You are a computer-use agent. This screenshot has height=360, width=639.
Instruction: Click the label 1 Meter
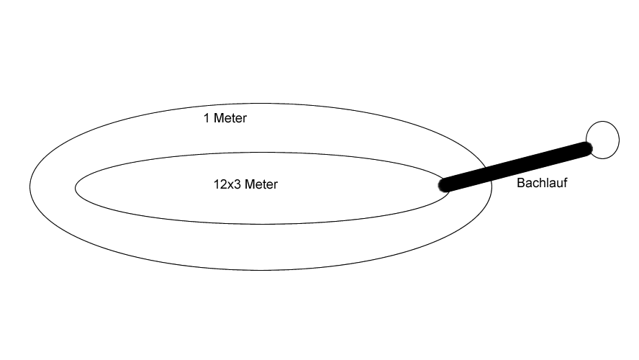click(x=225, y=118)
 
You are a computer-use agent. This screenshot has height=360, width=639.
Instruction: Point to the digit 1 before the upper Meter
click(x=207, y=118)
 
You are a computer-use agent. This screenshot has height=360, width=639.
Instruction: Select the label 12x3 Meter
click(x=245, y=184)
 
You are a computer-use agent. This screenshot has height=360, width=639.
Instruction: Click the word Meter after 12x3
click(x=261, y=184)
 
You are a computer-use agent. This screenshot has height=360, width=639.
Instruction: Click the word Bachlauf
click(x=542, y=183)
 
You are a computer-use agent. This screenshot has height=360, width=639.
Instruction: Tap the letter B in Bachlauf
click(x=520, y=183)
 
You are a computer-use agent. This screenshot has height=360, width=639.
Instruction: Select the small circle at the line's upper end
click(x=603, y=140)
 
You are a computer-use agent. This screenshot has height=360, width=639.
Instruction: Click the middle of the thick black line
click(x=515, y=166)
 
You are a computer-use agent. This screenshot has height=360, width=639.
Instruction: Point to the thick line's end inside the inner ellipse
click(x=443, y=186)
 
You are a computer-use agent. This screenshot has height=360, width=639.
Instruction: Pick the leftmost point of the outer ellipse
click(x=30, y=186)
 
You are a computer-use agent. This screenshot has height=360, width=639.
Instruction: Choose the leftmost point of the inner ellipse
click(x=75, y=188)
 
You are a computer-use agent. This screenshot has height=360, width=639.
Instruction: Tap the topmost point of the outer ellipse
click(x=260, y=104)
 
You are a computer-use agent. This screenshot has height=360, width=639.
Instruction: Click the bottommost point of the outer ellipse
click(x=260, y=270)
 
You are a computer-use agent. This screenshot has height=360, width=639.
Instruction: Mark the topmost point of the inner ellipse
click(x=262, y=153)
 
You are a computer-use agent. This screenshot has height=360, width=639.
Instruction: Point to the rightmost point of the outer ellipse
click(x=492, y=186)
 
